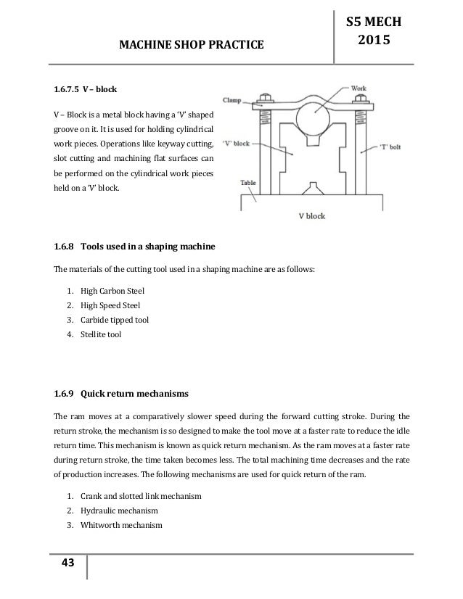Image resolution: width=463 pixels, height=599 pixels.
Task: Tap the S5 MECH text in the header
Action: pyautogui.click(x=377, y=15)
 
